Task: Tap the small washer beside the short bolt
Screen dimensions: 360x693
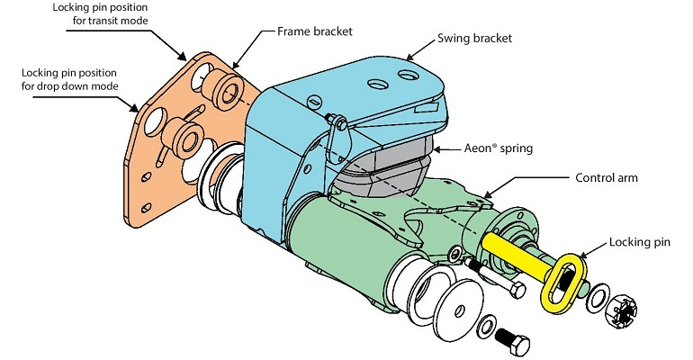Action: [487, 328]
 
